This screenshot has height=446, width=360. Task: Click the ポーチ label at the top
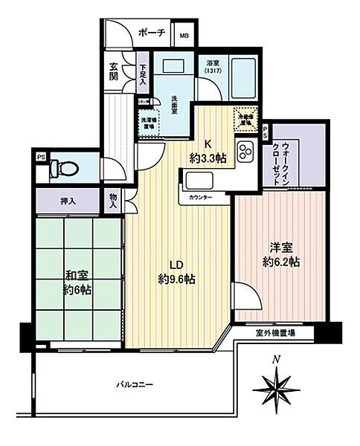[152, 33]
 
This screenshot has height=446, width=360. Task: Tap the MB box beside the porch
[184, 34]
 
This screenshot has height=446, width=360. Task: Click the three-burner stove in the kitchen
[245, 153]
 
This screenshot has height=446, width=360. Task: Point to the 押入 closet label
[68, 200]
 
